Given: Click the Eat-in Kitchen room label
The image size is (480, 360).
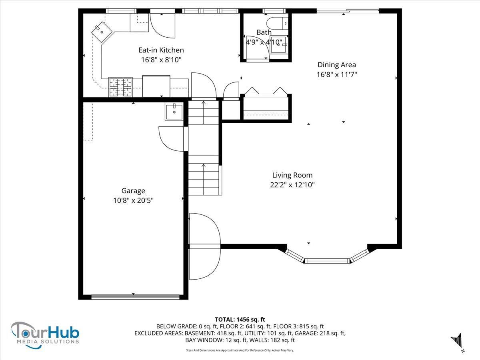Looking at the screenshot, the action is tap(161, 50).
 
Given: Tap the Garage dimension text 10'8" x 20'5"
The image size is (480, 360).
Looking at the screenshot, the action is tap(133, 200).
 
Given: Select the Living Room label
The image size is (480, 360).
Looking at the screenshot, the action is tap(292, 175).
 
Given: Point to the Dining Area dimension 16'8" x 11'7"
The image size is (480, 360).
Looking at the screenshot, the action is tap(337, 74).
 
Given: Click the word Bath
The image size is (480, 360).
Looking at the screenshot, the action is tap(264, 32).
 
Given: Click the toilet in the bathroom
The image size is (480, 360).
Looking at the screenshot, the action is tap(277, 23).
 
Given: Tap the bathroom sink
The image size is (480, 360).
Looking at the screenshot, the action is tap(278, 44).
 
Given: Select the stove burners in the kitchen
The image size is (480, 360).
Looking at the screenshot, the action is tap(120, 87).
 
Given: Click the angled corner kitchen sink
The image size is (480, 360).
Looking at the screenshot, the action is tap(102, 32).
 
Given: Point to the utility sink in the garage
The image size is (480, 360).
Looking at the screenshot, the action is tap(174, 112).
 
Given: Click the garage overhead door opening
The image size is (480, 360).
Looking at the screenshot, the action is tap(135, 297).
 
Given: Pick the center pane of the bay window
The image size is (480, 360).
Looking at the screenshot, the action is tap(327, 261).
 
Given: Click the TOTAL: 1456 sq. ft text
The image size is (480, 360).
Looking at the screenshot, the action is tap(240, 319).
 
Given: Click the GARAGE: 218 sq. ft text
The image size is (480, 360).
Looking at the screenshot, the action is tap(320, 333).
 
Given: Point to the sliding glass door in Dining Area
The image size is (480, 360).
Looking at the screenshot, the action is tap(348, 10).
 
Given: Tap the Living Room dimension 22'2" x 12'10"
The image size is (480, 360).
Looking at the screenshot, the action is tap(292, 185).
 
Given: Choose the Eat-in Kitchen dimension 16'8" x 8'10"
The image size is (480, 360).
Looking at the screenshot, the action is tap(161, 60).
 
